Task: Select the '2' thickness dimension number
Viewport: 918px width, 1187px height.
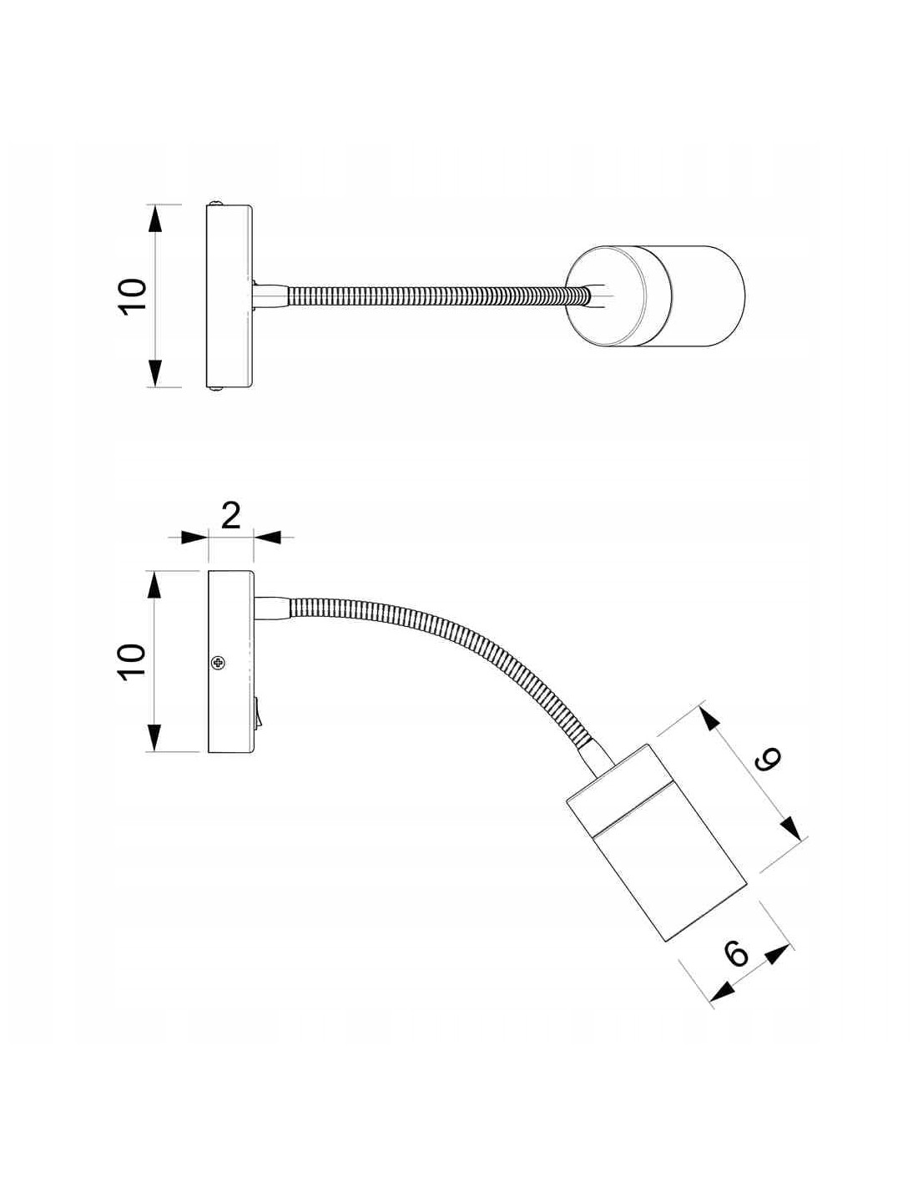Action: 230,516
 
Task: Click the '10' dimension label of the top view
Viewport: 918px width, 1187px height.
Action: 133,295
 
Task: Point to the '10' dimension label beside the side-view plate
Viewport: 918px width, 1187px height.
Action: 133,661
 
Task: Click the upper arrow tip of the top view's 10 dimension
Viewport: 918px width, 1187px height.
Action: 155,205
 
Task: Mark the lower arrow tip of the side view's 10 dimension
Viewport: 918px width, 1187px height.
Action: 155,751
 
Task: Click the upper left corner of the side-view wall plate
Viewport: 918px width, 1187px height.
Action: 209,571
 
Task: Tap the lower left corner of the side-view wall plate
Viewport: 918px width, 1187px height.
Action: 209,752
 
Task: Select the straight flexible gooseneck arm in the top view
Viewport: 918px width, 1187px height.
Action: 436,296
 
